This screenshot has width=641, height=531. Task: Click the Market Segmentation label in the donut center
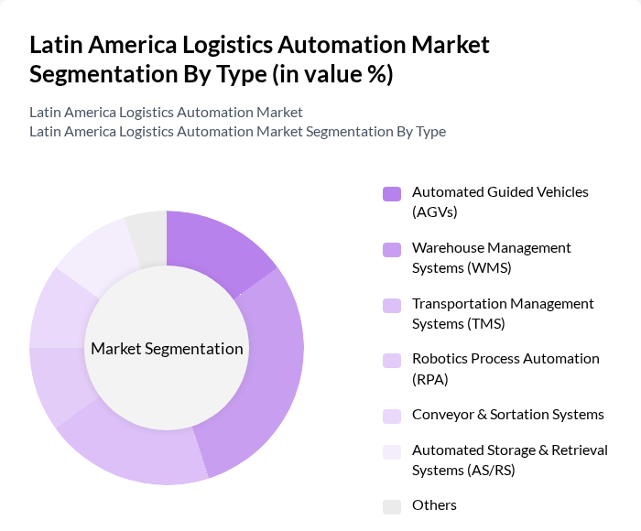(x=167, y=349)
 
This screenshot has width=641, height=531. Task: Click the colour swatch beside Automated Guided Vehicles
(x=392, y=193)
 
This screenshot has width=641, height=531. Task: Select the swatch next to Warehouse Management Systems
(x=392, y=249)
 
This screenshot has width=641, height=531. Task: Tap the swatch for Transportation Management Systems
(x=392, y=305)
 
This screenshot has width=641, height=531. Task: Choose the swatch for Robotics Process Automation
(x=392, y=360)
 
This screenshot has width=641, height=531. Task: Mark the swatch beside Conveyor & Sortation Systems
(x=392, y=415)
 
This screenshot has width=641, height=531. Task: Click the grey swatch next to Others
(x=392, y=506)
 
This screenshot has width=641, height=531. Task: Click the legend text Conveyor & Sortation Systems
(x=507, y=414)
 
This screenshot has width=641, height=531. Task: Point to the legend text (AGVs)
(x=434, y=211)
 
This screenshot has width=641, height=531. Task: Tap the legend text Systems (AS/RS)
(x=463, y=470)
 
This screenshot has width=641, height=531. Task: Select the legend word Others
(x=434, y=505)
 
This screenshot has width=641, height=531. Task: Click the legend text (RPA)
(x=430, y=378)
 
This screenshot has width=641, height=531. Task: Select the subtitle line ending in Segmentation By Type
(x=237, y=131)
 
